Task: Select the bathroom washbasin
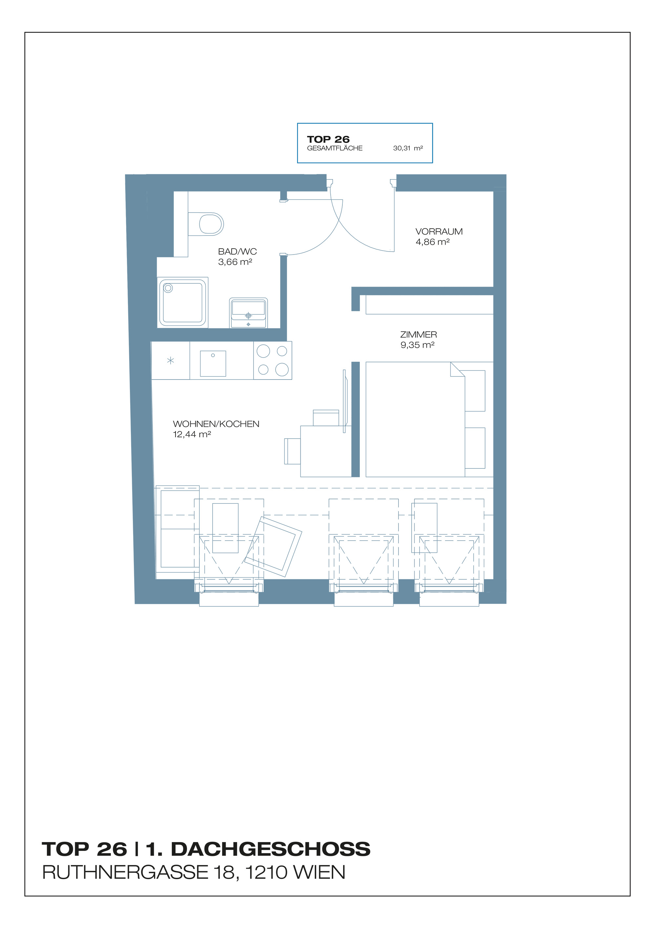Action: pyautogui.click(x=248, y=313)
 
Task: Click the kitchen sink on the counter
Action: pyautogui.click(x=213, y=363)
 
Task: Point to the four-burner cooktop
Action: pyautogui.click(x=273, y=360)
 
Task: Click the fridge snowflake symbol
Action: pyautogui.click(x=171, y=360)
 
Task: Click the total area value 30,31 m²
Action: pyautogui.click(x=408, y=148)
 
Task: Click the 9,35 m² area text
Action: pyautogui.click(x=417, y=345)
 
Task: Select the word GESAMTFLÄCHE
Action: pyautogui.click(x=335, y=148)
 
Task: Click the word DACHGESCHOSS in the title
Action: pyautogui.click(x=270, y=849)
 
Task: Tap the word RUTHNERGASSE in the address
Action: pyautogui.click(x=125, y=873)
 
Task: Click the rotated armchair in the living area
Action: pyautogui.click(x=273, y=546)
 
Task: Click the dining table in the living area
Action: pyautogui.click(x=326, y=451)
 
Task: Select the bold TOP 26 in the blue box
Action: pyautogui.click(x=328, y=139)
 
